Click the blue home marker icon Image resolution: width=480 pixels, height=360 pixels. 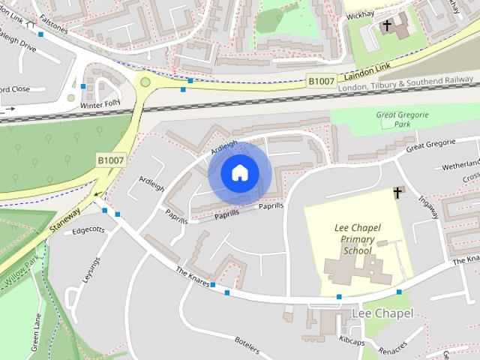pos(238,173)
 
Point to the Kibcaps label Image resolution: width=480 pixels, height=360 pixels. pos(351,340)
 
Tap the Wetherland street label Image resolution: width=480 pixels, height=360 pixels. pos(459,165)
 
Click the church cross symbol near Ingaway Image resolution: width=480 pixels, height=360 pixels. pos(398,193)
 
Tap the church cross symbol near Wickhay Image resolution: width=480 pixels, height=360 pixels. pos(388,27)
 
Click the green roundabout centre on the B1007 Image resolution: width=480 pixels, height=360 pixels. pos(145,82)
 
